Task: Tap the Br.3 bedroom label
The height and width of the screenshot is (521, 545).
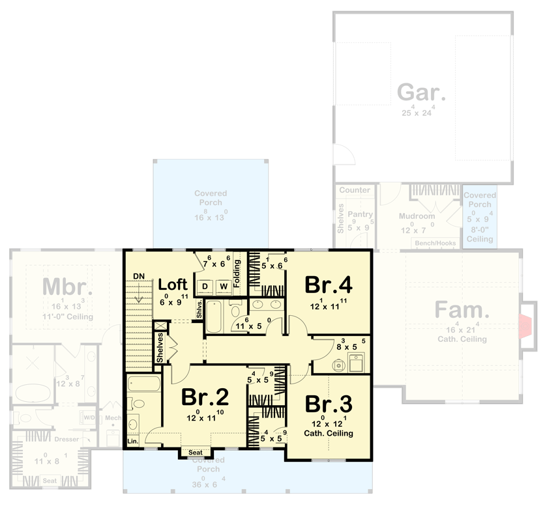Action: [x=328, y=404]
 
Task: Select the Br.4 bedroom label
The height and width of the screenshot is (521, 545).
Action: [x=329, y=285]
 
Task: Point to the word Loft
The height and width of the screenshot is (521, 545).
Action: [x=173, y=285]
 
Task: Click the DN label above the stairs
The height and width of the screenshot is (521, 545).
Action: [x=138, y=276]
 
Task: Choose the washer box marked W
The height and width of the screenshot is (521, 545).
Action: [x=223, y=287]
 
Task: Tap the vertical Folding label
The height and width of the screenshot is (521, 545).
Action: [x=237, y=275]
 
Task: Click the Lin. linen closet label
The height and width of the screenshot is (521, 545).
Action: [x=133, y=442]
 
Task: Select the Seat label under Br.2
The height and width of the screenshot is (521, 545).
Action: [x=195, y=453]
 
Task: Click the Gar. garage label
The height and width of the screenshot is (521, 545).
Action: [x=422, y=92]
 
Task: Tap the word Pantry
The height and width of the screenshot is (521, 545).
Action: [x=360, y=214]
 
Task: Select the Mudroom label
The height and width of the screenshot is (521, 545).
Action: [x=417, y=216]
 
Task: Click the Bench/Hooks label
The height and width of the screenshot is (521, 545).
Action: [x=435, y=243]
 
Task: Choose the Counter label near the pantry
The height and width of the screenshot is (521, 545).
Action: [x=355, y=190]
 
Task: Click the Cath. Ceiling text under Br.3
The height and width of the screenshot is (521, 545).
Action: [x=329, y=433]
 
